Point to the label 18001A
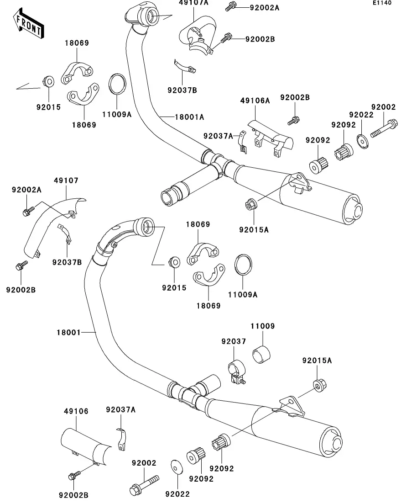[x=189, y=117]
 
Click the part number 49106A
[x=255, y=101]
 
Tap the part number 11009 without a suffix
[x=262, y=327]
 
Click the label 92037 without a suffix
[x=234, y=341]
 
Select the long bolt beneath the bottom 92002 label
[x=144, y=483]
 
